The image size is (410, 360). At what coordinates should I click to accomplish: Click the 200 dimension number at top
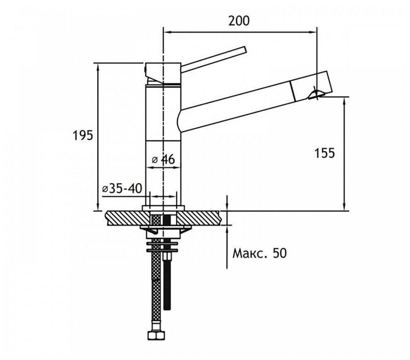[x=240, y=20]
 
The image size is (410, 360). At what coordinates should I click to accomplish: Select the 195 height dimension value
[x=82, y=135]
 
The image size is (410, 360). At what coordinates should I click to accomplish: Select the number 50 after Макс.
[x=279, y=253]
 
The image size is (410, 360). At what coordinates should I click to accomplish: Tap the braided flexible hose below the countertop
[x=155, y=281]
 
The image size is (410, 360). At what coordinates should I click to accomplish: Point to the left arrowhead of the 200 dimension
[x=167, y=31]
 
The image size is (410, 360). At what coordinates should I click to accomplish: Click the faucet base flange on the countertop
[x=163, y=208]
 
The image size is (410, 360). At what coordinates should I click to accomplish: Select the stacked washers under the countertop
[x=163, y=247]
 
